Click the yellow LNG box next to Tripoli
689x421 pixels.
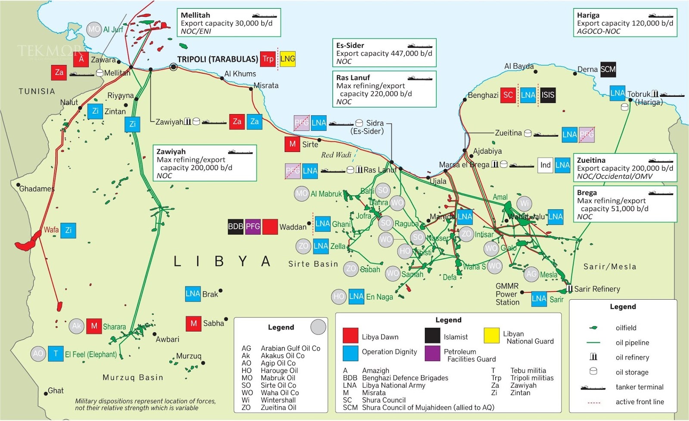(288, 59)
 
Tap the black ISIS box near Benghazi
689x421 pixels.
(548, 95)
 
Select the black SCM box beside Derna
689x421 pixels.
(608, 69)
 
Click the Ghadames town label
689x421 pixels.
(37, 189)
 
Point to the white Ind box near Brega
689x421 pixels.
(545, 165)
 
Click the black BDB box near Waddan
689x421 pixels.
(236, 226)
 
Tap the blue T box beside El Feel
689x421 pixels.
(56, 354)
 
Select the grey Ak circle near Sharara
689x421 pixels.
(77, 326)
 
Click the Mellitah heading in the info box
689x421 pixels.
(195, 15)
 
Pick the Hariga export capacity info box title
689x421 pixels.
(588, 15)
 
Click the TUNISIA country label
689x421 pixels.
(37, 91)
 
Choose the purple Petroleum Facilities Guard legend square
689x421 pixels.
(432, 353)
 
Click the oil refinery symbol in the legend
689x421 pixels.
(593, 357)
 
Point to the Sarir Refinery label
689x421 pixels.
(597, 289)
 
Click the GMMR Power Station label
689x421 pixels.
(507, 294)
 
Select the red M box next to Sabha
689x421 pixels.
(193, 323)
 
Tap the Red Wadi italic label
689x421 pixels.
(336, 155)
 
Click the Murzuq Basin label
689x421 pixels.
(133, 378)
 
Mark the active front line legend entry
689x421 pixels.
(639, 402)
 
